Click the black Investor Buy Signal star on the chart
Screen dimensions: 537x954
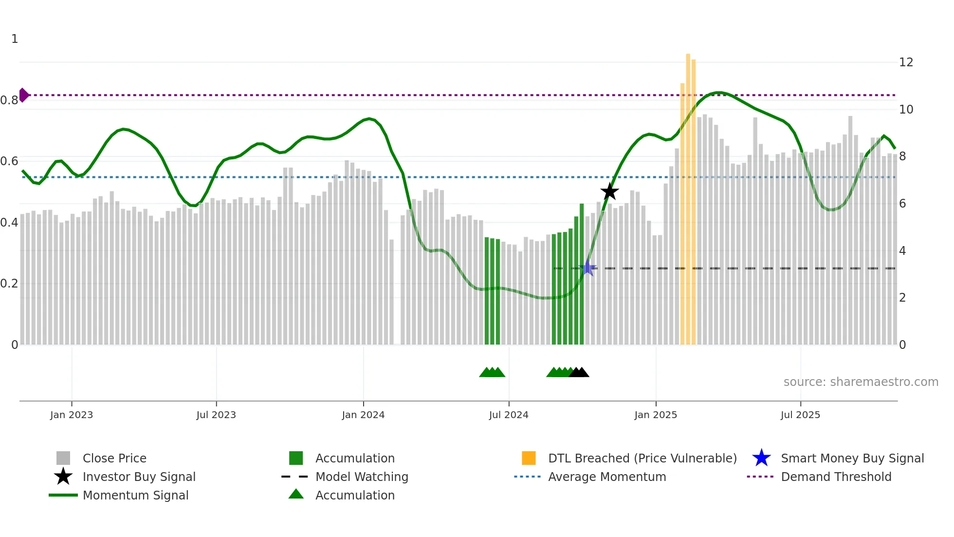click(x=609, y=192)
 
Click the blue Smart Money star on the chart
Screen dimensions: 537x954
click(x=588, y=268)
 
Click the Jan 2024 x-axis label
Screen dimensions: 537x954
click(x=363, y=415)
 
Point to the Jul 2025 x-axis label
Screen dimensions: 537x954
click(x=800, y=415)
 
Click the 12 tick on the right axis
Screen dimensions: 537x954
click(x=906, y=62)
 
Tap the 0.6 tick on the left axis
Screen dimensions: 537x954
click(x=10, y=161)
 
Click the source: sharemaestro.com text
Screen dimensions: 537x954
click(x=861, y=382)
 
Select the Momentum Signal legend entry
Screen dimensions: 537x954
click(x=135, y=495)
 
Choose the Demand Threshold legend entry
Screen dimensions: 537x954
click(x=836, y=477)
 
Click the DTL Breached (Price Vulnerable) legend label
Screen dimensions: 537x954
click(x=642, y=458)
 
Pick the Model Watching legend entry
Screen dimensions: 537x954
click(x=361, y=477)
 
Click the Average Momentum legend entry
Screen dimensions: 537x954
click(x=606, y=477)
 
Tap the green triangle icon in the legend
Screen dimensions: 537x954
click(x=296, y=494)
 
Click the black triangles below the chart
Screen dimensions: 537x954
click(x=579, y=373)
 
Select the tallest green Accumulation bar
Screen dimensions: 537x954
click(x=582, y=273)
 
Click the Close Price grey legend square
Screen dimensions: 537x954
click(x=63, y=458)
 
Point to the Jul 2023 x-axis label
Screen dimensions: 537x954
click(x=216, y=415)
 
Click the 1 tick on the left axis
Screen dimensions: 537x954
click(x=15, y=39)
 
